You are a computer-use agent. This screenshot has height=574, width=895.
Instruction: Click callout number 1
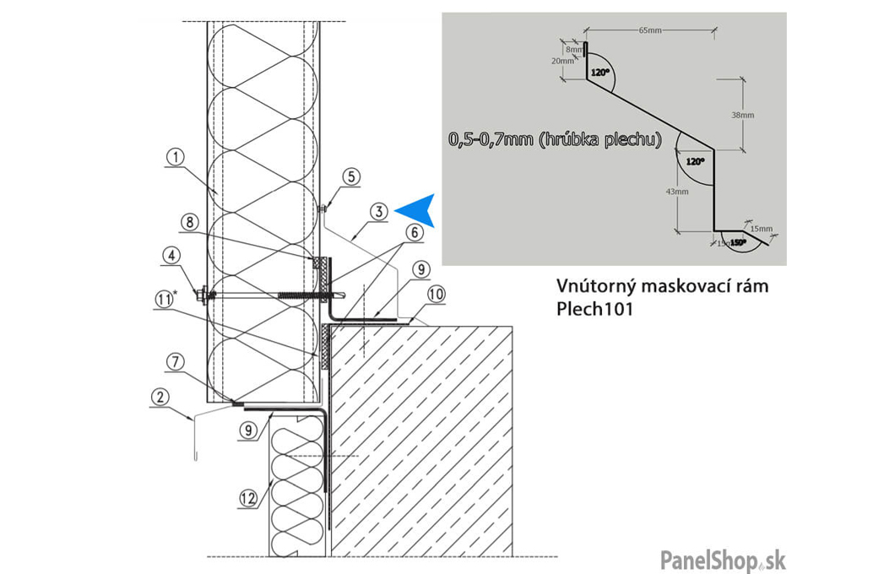pos(175,156)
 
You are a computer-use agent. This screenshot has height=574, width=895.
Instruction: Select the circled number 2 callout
pos(159,395)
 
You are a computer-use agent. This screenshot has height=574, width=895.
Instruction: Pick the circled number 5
pos(353,176)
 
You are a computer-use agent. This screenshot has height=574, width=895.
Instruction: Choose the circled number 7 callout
pos(176,362)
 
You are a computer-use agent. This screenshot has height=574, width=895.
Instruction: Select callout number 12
pos(247,499)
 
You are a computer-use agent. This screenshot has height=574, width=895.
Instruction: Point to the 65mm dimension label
pos(649,30)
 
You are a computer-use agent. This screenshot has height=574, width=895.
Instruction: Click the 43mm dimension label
pos(678,192)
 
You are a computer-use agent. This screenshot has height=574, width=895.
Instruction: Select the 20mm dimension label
pos(564,62)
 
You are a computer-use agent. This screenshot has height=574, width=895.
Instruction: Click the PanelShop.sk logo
pos(723,559)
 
